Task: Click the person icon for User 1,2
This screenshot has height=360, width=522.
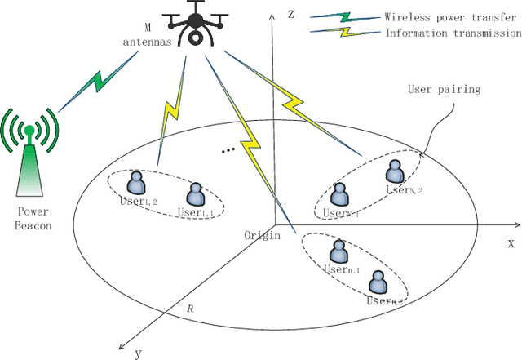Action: [137, 181]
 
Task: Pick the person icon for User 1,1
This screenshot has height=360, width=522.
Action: [195, 195]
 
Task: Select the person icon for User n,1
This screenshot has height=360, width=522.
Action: [335, 249]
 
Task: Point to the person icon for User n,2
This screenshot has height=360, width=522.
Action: [378, 282]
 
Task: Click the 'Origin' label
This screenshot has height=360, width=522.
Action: [262, 235]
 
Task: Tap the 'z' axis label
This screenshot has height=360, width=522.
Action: [290, 13]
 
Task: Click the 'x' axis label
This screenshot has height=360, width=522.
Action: [511, 242]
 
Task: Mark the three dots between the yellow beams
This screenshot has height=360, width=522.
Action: [229, 149]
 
